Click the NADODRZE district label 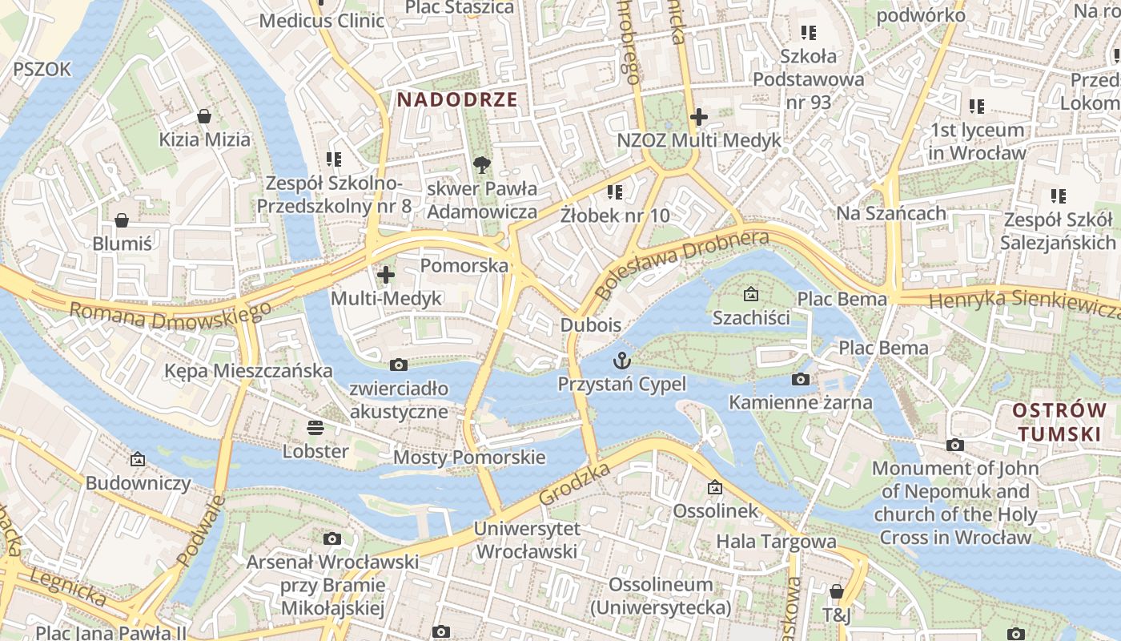457,100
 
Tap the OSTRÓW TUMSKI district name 1059,422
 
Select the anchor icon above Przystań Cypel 622,361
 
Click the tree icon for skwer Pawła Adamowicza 481,165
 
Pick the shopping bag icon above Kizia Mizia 204,116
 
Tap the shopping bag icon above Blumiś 122,220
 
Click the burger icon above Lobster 315,427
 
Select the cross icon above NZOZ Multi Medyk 699,117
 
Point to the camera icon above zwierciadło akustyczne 398,365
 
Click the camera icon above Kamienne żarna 800,379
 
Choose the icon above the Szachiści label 750,295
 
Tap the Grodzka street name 575,483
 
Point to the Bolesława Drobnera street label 681,264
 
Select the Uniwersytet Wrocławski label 526,540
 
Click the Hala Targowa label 776,542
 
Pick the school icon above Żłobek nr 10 615,191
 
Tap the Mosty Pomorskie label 469,458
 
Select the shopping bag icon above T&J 836,591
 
